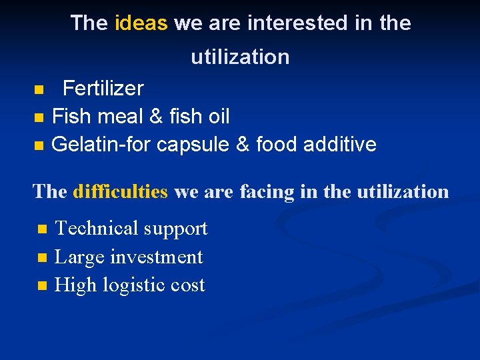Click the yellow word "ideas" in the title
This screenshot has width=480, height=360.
pyautogui.click(x=141, y=23)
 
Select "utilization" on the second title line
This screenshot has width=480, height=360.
pyautogui.click(x=240, y=57)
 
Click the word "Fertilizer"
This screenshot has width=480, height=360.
pyautogui.click(x=103, y=89)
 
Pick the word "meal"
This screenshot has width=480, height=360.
pyautogui.click(x=121, y=117)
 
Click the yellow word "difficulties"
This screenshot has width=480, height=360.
pyautogui.click(x=120, y=192)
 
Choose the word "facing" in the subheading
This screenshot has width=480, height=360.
pyautogui.click(x=270, y=192)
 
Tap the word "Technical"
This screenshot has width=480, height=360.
pyautogui.click(x=96, y=229)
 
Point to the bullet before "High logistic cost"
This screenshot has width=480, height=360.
pyautogui.click(x=43, y=286)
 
